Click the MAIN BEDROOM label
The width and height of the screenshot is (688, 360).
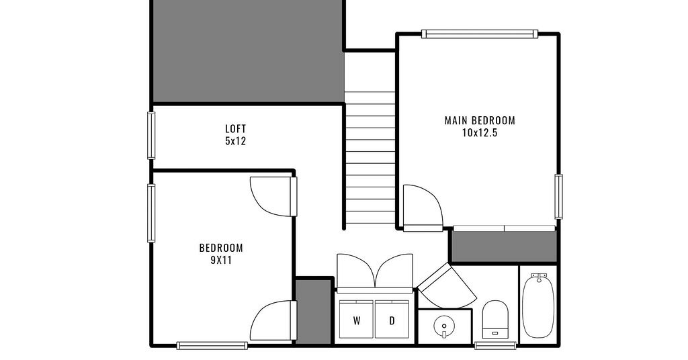(x=480, y=121)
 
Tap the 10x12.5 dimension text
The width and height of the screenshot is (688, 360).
(x=480, y=133)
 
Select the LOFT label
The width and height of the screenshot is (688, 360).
(x=236, y=129)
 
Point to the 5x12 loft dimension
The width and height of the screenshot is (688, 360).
(x=236, y=141)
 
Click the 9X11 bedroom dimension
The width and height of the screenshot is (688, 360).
(x=221, y=261)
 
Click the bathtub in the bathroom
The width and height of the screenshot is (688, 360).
(x=538, y=305)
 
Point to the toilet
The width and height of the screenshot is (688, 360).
(x=495, y=319)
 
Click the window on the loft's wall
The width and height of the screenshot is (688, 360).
(x=151, y=136)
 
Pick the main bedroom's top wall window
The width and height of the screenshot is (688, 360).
(x=480, y=34)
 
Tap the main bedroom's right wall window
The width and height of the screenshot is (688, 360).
(x=558, y=196)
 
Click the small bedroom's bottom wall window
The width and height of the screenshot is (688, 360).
(x=212, y=345)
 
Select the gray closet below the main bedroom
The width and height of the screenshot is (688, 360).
(x=504, y=246)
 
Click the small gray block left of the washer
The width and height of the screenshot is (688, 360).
(x=313, y=312)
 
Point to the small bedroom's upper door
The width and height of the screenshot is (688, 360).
(x=273, y=196)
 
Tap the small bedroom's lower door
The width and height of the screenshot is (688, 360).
(x=273, y=320)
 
